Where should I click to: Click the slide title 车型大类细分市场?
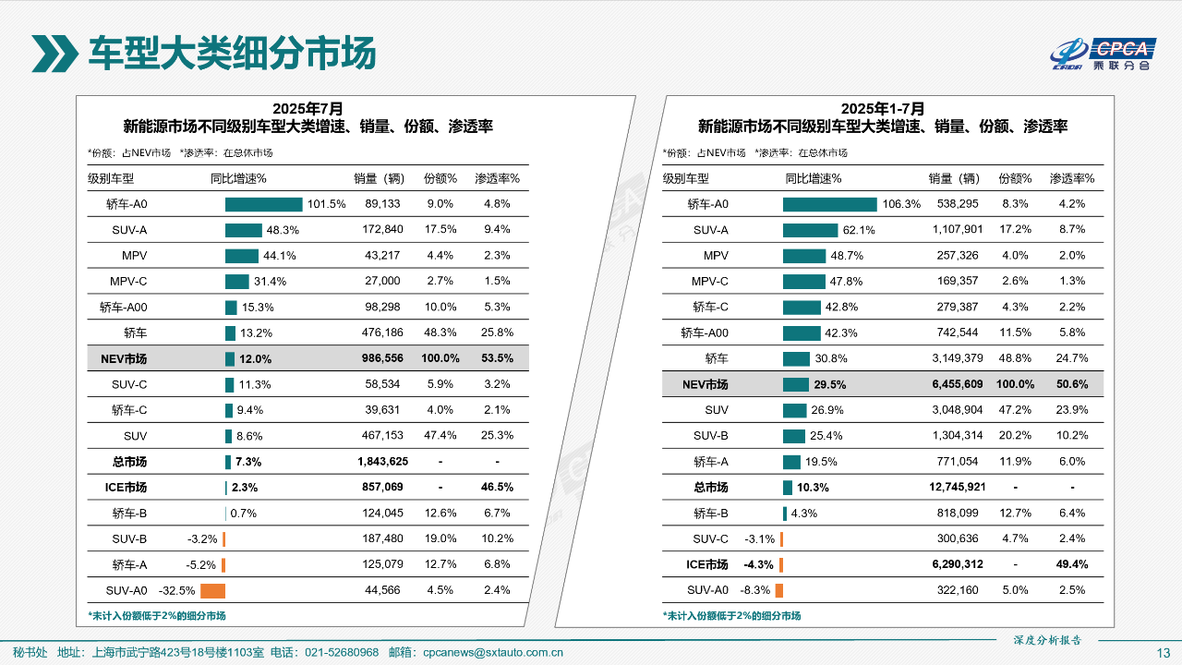pyautogui.click(x=232, y=54)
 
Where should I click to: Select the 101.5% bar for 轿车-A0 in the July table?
pyautogui.click(x=263, y=204)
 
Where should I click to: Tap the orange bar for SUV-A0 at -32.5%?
pyautogui.click(x=212, y=590)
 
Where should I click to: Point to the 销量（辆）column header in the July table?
pyautogui.click(x=380, y=178)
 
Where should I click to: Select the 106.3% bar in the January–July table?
pyautogui.click(x=829, y=204)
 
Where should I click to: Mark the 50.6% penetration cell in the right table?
pyautogui.click(x=1072, y=384)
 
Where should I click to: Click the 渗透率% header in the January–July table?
pyautogui.click(x=1072, y=178)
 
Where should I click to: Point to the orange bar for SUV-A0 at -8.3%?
pyautogui.click(x=779, y=590)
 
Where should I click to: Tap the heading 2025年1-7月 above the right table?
pyautogui.click(x=882, y=109)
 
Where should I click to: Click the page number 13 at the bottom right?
pyautogui.click(x=1164, y=653)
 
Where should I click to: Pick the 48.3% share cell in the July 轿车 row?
pyautogui.click(x=440, y=332)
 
